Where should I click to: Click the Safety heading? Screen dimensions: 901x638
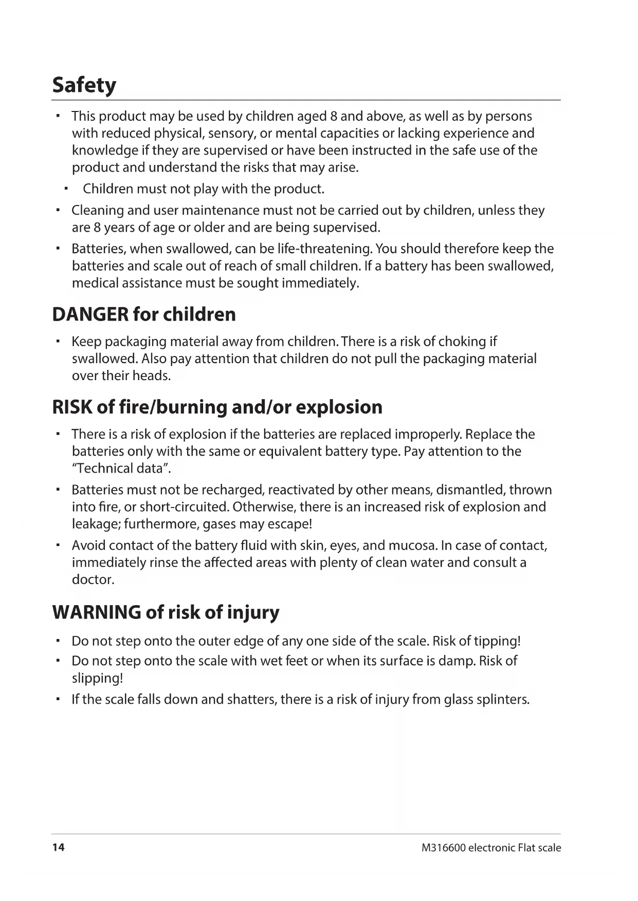click(x=84, y=85)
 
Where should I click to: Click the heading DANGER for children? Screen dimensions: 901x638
click(x=144, y=314)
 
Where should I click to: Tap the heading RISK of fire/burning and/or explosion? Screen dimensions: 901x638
click(x=217, y=407)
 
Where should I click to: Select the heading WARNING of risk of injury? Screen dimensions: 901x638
click(x=166, y=612)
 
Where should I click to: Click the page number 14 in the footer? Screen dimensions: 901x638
click(x=59, y=847)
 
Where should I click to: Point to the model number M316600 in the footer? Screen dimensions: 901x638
click(x=443, y=848)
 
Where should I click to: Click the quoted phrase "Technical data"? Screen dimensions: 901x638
click(x=121, y=468)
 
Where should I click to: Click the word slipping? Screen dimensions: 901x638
click(x=98, y=678)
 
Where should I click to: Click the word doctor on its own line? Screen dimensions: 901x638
click(x=93, y=579)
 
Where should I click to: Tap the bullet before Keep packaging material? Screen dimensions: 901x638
click(x=59, y=342)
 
